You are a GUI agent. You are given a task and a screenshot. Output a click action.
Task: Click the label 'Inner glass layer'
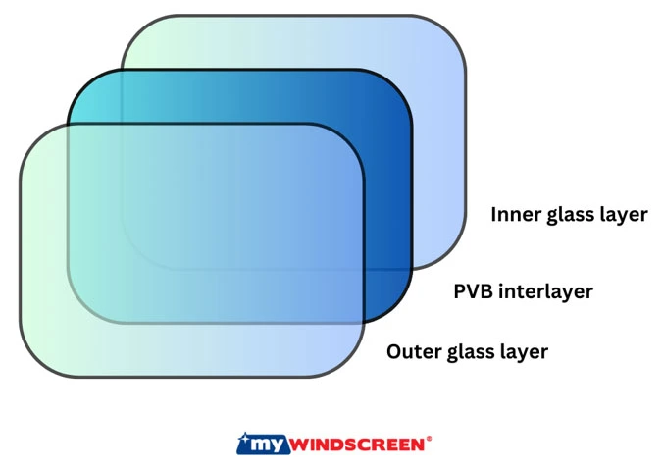point(569,214)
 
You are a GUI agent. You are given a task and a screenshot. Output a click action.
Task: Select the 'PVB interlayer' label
point(523,291)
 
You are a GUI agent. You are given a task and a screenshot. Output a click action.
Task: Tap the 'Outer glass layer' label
point(467,351)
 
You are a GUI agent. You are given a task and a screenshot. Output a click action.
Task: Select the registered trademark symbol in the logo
point(429,438)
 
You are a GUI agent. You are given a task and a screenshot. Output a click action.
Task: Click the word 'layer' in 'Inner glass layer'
point(624,214)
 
